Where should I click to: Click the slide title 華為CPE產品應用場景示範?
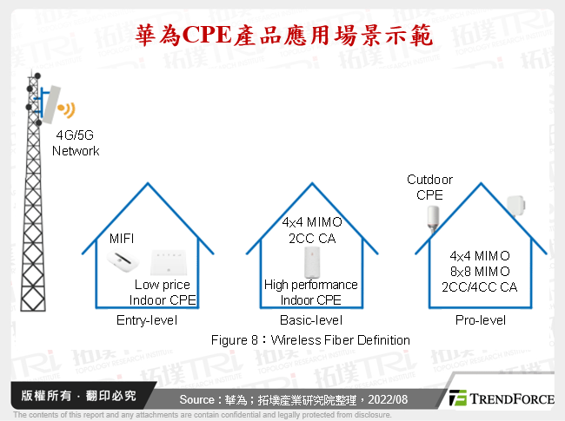tap(282, 35)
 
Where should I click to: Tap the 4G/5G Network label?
tap(76, 143)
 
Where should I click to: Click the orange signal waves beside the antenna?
tap(66, 109)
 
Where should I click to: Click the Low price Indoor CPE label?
tap(163, 293)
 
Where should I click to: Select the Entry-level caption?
tap(146, 320)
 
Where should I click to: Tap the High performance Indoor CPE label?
tap(310, 293)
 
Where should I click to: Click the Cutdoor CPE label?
tap(429, 187)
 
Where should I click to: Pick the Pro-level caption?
tap(480, 320)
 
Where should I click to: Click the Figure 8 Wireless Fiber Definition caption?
tap(309, 339)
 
